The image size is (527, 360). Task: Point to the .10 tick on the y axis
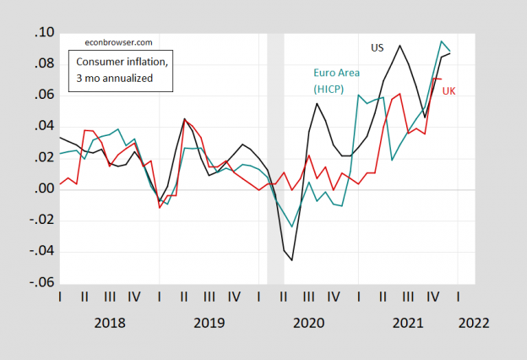pyautogui.click(x=42, y=33)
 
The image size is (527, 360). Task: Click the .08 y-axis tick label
pyautogui.click(x=42, y=64)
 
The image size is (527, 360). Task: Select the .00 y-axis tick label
pyautogui.click(x=42, y=190)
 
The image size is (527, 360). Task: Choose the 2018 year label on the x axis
pyautogui.click(x=110, y=323)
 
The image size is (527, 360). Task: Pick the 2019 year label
pyautogui.click(x=209, y=323)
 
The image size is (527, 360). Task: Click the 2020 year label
pyautogui.click(x=308, y=323)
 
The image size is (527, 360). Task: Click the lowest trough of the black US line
pyautogui.click(x=292, y=260)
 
